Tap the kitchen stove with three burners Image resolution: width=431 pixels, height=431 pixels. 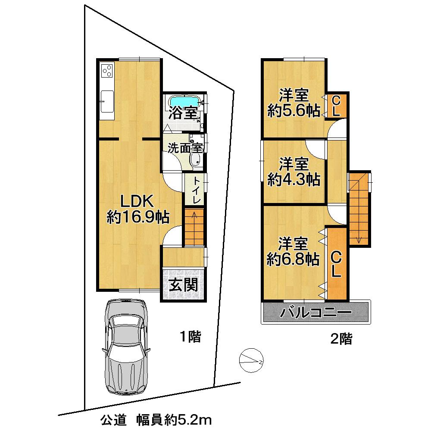coord(107,70)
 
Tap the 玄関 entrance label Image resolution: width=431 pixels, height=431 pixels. coord(183,285)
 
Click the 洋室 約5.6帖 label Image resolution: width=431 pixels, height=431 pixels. coord(293,103)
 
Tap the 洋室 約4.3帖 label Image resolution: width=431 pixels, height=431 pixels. coord(294,171)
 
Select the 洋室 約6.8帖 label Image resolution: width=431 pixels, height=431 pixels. coord(293,251)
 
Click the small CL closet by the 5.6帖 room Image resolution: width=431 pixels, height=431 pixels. coord(337,106)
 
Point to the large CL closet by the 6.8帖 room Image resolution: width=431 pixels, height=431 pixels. coord(336,263)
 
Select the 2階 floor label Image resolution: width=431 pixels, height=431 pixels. coord(341,339)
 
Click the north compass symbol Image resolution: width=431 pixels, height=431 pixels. coord(251,358)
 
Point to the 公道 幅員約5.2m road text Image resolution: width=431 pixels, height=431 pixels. coord(156,419)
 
